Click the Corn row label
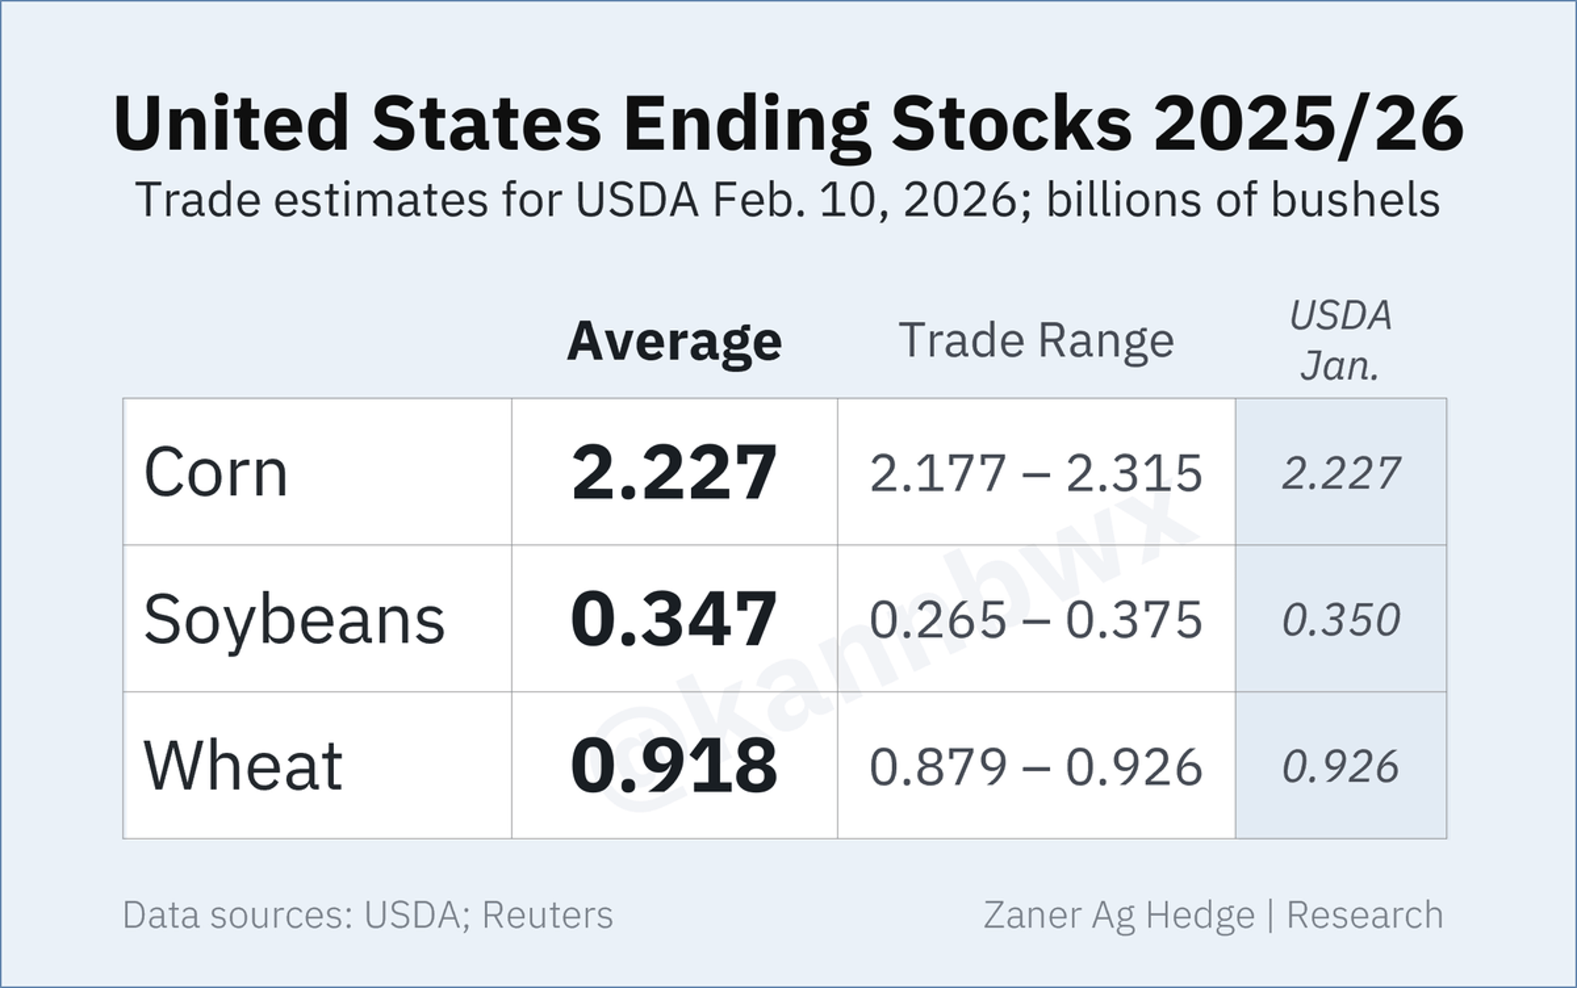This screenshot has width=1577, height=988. tap(216, 472)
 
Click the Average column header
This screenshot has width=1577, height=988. tap(674, 342)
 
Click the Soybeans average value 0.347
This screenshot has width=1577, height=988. tap(674, 619)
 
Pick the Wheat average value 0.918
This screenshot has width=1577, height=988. tap(674, 766)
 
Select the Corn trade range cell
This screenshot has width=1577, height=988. tap(1036, 472)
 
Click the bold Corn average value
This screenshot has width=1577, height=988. tap(674, 472)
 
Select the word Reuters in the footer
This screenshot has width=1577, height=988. tap(548, 915)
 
